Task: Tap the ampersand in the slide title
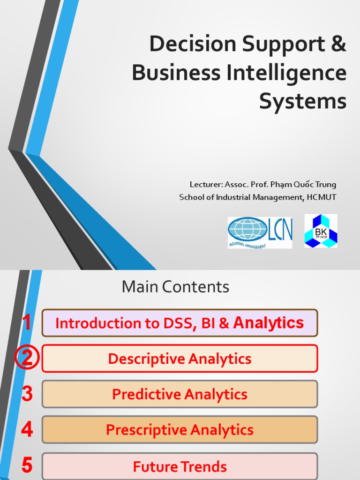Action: click(337, 45)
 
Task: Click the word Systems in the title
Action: click(303, 102)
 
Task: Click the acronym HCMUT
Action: click(322, 197)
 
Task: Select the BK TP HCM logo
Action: click(321, 231)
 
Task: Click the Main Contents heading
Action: click(175, 287)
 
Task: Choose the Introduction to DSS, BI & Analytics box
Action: click(180, 323)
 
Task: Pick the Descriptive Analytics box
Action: click(180, 359)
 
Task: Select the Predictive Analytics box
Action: click(180, 394)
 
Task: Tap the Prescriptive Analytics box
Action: click(180, 430)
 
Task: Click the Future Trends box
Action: click(180, 466)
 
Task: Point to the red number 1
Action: click(27, 323)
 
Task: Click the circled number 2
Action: click(27, 359)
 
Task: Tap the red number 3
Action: click(27, 394)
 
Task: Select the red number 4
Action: click(27, 430)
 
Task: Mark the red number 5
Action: click(27, 466)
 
